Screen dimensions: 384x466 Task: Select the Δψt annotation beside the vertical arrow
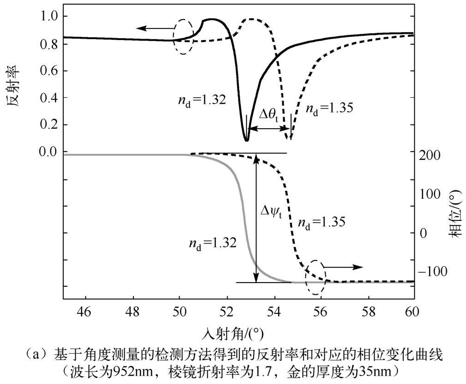pos(271,213)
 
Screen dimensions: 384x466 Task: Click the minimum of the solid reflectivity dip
pos(246,140)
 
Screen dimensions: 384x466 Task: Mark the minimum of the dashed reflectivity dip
pos(289,138)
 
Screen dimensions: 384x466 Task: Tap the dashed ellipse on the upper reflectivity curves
pos(183,37)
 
